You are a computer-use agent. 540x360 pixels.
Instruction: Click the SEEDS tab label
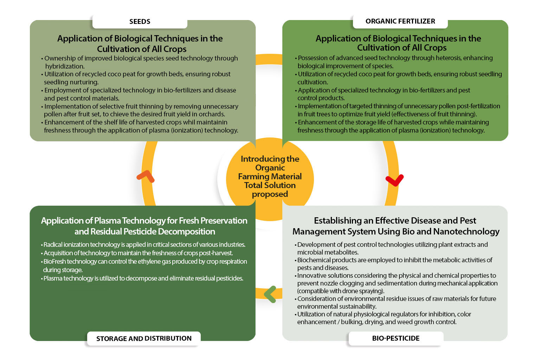(140, 21)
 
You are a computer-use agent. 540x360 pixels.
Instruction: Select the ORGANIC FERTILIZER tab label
(400, 21)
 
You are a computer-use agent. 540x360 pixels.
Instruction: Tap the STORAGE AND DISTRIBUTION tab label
(144, 339)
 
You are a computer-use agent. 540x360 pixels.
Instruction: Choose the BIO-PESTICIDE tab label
(396, 338)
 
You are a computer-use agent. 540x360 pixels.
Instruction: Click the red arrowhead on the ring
(394, 180)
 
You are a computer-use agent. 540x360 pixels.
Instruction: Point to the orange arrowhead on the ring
(146, 176)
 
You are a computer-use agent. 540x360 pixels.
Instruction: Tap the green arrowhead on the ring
(270, 294)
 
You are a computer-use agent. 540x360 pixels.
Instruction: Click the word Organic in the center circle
(270, 168)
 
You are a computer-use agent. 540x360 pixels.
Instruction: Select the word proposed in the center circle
(270, 194)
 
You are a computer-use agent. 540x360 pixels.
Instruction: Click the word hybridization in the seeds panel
(65, 66)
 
